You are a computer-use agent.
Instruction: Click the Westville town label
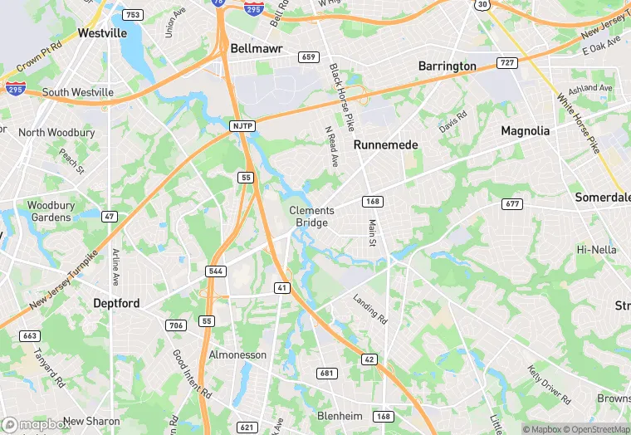point(102,33)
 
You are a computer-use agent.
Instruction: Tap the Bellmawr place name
point(257,49)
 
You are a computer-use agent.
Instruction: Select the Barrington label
point(447,66)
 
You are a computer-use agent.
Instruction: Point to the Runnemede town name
point(385,144)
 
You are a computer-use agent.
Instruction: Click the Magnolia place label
point(525,131)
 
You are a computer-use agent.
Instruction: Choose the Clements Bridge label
point(311,217)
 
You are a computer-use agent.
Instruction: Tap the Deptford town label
point(116,303)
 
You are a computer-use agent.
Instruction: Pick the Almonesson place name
point(237,354)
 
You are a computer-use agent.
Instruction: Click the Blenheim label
point(341,415)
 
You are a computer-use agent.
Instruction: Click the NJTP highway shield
point(240,125)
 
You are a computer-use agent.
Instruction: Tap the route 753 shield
point(132,15)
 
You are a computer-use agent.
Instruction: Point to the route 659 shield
point(309,57)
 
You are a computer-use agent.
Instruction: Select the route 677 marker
point(511,204)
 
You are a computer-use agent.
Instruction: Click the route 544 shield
point(216,271)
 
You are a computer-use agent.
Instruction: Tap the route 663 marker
point(30,335)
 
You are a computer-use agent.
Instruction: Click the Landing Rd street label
point(370,309)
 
